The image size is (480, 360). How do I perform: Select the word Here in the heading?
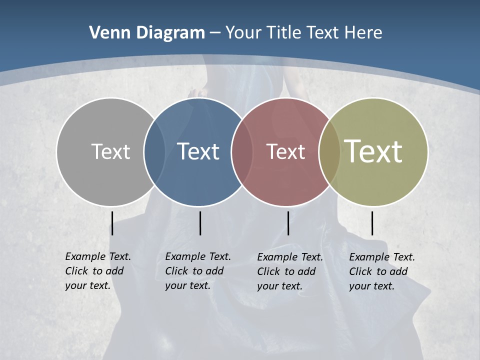363,33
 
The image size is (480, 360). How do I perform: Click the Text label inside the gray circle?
110,151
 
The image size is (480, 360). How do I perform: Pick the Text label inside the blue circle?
198,151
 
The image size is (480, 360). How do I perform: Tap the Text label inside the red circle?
285,151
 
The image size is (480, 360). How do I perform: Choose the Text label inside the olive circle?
373,151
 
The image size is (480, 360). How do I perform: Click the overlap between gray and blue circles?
154,151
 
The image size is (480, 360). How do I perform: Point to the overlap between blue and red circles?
242,151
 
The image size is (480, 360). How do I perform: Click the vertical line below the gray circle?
112,223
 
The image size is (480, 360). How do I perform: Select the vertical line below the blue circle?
200,223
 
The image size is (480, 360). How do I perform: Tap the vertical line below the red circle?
288,223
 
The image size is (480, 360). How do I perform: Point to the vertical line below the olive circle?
372,223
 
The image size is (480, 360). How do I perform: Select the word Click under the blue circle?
176,271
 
